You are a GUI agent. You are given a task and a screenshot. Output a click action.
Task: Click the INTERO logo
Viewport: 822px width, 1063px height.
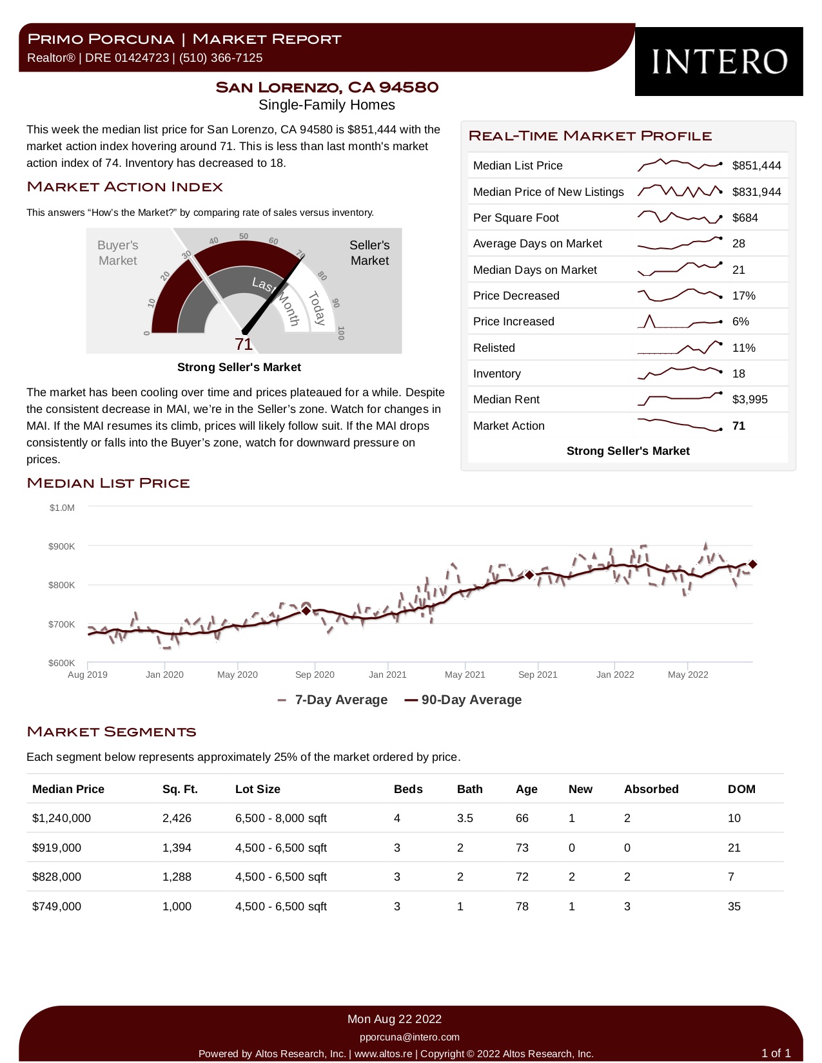coord(718,62)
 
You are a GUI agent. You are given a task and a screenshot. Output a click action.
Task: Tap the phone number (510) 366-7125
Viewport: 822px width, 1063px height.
coord(220,58)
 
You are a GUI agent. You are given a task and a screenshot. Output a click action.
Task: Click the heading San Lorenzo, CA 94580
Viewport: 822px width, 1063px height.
coord(327,87)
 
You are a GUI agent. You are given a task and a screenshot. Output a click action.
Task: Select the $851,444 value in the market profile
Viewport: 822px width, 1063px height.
coord(756,166)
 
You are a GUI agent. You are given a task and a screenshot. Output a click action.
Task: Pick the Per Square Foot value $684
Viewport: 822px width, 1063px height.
coord(745,218)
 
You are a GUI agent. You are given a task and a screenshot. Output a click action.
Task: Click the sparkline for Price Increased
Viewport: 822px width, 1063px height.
coord(680,321)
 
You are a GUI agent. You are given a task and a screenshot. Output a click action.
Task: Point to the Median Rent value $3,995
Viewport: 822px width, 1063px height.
coord(750,399)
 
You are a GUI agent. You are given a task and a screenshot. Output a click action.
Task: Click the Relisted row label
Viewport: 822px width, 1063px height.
coord(493,348)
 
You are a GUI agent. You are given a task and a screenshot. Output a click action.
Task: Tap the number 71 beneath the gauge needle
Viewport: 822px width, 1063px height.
coord(243,345)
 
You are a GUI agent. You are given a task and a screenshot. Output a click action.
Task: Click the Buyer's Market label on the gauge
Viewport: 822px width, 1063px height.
coord(117,253)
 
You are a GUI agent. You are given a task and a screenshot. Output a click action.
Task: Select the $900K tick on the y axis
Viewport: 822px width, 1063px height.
coord(61,546)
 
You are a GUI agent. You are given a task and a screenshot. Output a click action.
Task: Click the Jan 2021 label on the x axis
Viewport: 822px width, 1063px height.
coord(387,675)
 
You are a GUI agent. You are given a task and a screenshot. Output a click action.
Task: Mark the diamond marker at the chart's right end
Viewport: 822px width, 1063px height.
coord(752,564)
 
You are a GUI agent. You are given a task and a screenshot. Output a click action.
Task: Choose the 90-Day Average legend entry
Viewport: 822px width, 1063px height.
coord(463,700)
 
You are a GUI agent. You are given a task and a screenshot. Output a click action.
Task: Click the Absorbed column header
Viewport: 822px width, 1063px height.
coord(651,789)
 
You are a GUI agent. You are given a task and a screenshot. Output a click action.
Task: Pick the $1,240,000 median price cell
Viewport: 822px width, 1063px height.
coord(61,818)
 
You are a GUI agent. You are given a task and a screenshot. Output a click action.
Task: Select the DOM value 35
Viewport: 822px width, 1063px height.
coord(734,906)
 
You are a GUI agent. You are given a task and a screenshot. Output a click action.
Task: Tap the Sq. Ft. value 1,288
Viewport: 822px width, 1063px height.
coord(177,877)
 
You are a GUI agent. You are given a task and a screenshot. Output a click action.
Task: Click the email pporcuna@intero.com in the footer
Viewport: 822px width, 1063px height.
coord(409,1037)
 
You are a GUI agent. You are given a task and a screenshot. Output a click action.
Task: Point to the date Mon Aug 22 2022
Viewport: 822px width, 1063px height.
coord(394,1019)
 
